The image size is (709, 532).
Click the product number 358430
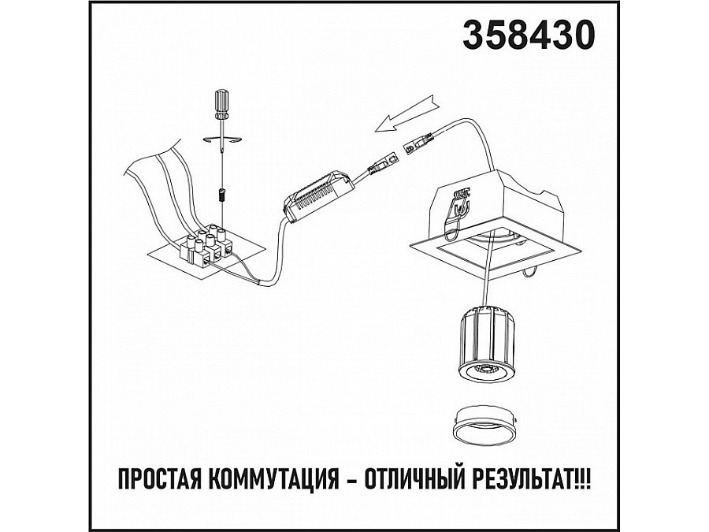click(x=529, y=35)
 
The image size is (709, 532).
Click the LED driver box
click(x=318, y=195)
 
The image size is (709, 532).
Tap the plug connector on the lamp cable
click(x=420, y=143)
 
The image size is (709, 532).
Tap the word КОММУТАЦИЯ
click(x=275, y=478)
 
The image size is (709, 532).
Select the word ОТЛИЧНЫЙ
click(x=416, y=478)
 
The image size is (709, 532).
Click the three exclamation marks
click(x=583, y=478)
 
